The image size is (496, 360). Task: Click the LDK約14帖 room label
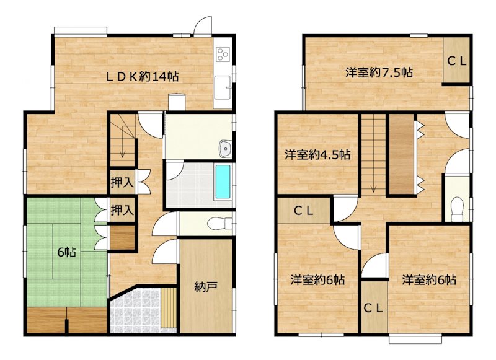[142, 77]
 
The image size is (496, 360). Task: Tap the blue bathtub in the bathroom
[223, 182]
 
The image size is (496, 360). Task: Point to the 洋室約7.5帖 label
[379, 72]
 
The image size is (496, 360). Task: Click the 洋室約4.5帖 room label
[317, 154]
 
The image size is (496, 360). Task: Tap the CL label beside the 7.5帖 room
[458, 61]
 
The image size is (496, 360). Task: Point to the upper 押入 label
[122, 183]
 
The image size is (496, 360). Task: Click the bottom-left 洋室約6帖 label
[317, 280]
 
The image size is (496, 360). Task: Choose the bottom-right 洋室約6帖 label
[428, 280]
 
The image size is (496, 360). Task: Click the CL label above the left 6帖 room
[304, 210]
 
